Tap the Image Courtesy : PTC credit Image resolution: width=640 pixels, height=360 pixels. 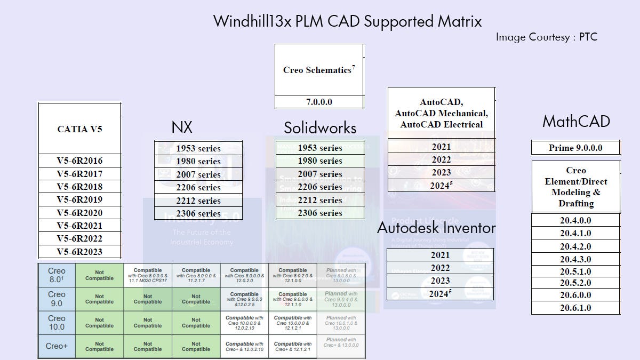click(x=546, y=37)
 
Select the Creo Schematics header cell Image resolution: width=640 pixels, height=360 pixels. click(x=319, y=70)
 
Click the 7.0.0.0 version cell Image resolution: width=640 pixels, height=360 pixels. click(x=319, y=102)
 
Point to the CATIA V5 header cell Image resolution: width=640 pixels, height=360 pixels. click(x=79, y=129)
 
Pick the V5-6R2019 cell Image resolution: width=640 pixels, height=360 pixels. click(x=79, y=199)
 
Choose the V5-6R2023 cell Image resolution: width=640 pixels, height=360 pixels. click(x=79, y=252)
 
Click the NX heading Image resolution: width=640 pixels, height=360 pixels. click(x=182, y=127)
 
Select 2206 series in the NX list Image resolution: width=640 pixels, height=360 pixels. click(x=198, y=187)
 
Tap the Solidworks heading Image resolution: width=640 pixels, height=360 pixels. click(x=320, y=128)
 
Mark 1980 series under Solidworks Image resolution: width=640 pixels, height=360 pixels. click(x=320, y=161)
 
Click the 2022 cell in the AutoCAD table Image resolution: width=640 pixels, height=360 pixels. click(x=441, y=159)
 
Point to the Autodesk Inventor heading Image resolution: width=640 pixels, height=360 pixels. click(x=436, y=228)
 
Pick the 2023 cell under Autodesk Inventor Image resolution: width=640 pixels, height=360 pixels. click(x=440, y=281)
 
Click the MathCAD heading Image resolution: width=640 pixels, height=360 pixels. click(x=576, y=122)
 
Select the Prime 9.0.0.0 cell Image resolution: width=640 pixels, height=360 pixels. click(x=576, y=148)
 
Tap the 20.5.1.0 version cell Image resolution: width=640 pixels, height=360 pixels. click(x=575, y=271)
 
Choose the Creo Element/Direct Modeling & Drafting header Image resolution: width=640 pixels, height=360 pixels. click(x=575, y=187)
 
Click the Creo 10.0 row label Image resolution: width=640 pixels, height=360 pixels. click(x=57, y=322)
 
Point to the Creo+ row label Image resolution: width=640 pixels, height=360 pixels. click(x=57, y=346)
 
